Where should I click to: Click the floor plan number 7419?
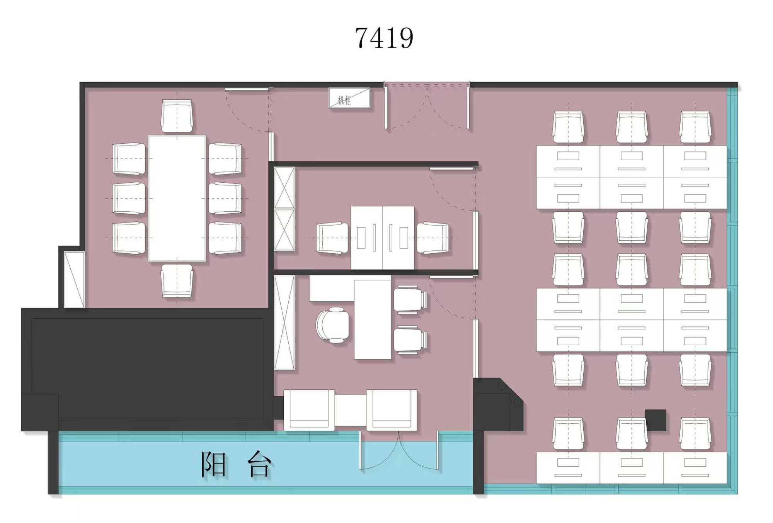click(x=384, y=38)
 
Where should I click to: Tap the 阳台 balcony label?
click(x=236, y=464)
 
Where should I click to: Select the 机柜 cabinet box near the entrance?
click(x=349, y=98)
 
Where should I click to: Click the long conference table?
click(x=177, y=198)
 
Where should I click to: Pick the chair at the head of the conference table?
click(x=177, y=116)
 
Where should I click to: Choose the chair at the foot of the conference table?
click(x=177, y=281)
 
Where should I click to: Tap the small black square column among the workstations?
click(x=656, y=420)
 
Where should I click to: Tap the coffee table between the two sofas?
click(x=351, y=410)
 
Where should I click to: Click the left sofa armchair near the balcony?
click(x=309, y=410)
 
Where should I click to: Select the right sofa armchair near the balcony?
click(x=392, y=410)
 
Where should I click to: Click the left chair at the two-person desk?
click(x=332, y=238)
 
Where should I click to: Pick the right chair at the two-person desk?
click(x=433, y=238)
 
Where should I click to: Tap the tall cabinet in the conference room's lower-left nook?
click(x=74, y=280)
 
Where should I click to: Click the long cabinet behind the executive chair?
click(x=284, y=323)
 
